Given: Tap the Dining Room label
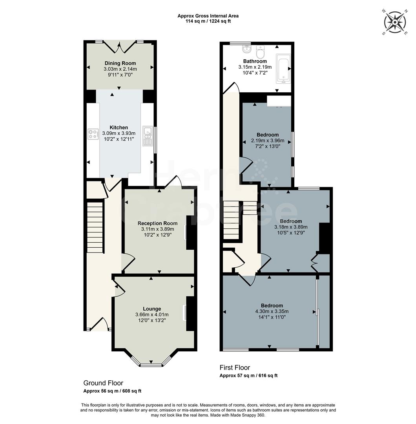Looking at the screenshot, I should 120,63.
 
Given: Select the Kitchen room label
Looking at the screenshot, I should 119,128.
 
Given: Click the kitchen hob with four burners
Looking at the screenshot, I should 93,134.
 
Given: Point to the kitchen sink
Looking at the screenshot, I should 148,135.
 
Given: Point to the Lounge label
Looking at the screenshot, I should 152,309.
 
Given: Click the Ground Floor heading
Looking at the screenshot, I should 103,383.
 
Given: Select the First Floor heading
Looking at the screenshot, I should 235,368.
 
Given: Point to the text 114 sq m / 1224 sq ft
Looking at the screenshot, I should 208,21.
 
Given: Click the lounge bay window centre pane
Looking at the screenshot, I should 151,365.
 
